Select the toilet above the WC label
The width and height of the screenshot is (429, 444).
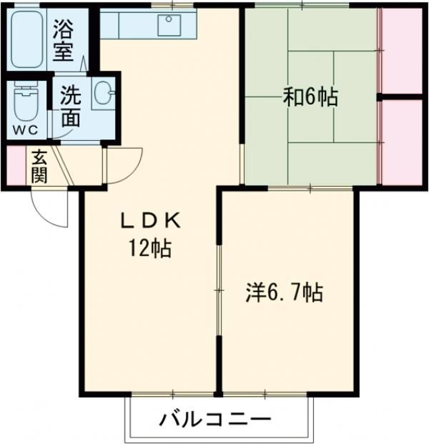(26, 104)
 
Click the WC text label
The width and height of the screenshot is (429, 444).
(26, 130)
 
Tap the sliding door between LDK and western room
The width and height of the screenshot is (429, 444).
(219, 289)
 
